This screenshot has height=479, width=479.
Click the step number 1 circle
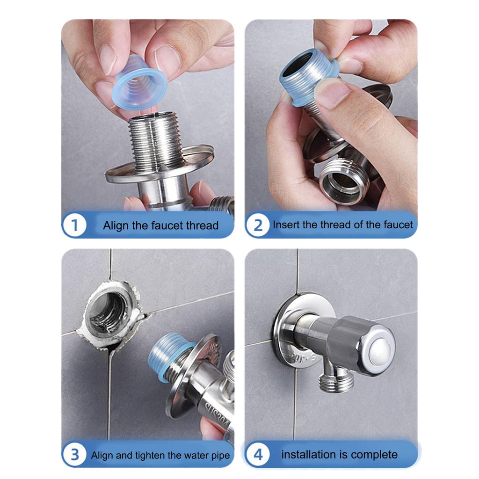tap(74, 225)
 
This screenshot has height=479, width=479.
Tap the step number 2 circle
tap(258, 225)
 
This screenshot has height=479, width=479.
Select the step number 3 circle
tap(74, 455)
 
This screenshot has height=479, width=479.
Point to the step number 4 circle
tap(258, 455)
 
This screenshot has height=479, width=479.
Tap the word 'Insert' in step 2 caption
tap(286, 225)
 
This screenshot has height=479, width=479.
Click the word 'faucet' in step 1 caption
tap(167, 225)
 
